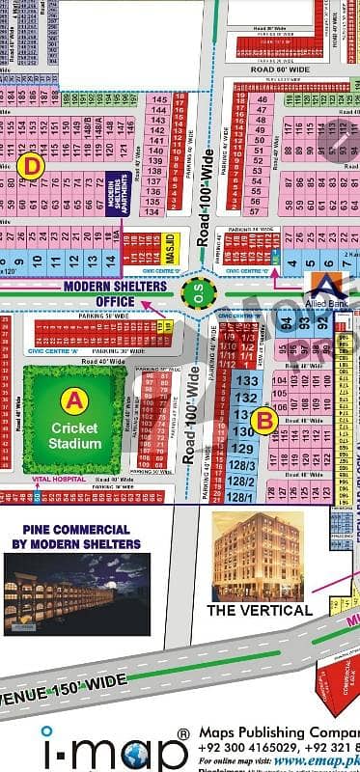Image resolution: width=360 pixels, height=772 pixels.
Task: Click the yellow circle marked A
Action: point(72,397)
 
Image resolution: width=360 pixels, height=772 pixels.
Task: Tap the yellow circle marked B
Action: point(265,420)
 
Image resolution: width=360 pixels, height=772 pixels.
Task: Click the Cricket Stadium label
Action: point(74,434)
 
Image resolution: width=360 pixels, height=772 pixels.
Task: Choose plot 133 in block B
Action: point(246,381)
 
